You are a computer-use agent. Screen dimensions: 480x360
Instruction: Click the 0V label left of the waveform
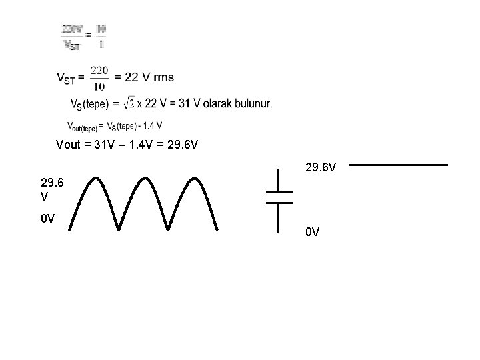[47, 218]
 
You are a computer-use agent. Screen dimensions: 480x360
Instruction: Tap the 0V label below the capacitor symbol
[313, 232]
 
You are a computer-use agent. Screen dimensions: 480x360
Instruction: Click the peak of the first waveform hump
[95, 178]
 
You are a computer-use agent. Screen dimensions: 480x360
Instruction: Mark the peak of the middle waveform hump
[145, 178]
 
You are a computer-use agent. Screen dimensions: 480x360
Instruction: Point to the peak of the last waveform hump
[194, 178]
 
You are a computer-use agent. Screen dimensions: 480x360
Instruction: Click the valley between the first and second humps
[119, 229]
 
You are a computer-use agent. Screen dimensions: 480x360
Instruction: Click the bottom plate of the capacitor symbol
[279, 202]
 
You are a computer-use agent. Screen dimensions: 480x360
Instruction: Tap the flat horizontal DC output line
[397, 164]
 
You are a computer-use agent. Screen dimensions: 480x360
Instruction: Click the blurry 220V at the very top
[73, 29]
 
